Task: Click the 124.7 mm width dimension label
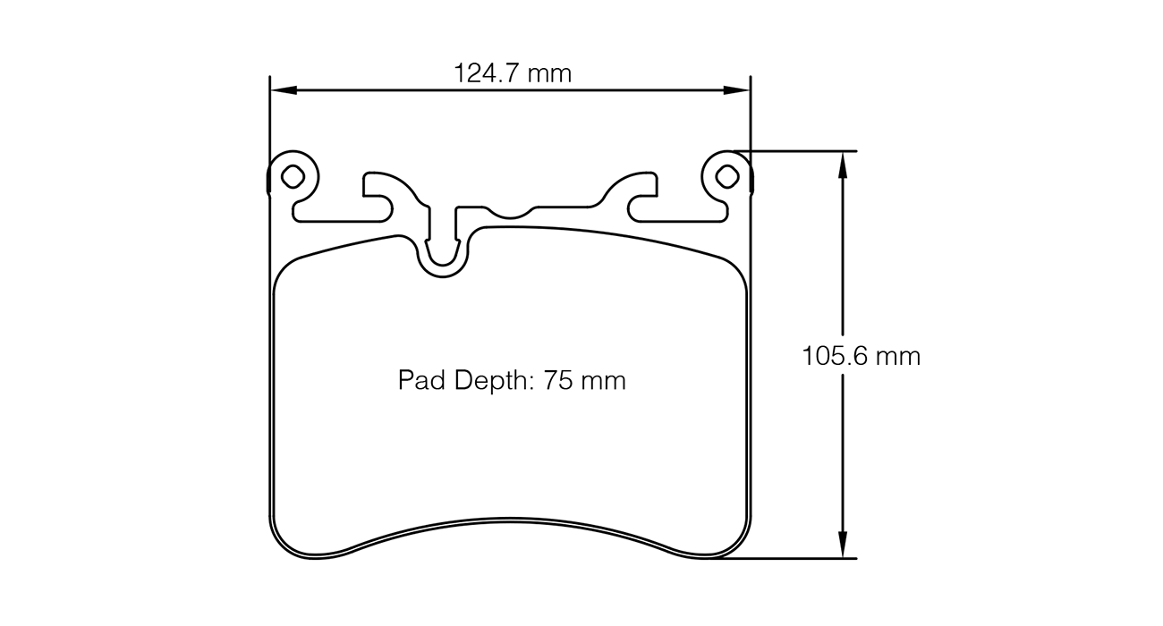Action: click(513, 73)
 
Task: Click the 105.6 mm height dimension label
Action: click(861, 357)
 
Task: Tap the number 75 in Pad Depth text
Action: click(557, 381)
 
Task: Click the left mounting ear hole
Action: click(293, 176)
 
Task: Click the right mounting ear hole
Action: click(728, 176)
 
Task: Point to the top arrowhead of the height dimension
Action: click(842, 162)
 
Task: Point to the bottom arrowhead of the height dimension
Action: click(842, 547)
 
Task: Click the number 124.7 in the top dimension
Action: click(489, 73)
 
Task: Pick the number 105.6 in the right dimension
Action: click(834, 357)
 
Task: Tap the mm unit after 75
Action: click(603, 381)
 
